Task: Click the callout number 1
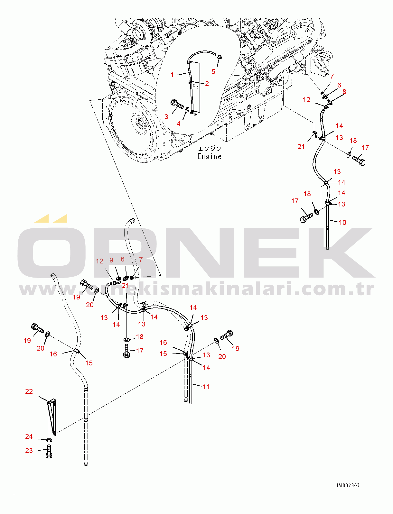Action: click(172, 75)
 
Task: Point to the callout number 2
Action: click(207, 84)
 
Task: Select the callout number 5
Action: click(213, 71)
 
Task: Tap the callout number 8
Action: click(344, 92)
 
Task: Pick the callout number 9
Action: click(111, 260)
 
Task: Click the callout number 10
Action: click(342, 223)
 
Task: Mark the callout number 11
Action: click(206, 387)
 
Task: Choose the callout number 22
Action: click(29, 391)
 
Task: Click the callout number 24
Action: click(29, 436)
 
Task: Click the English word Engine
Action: click(209, 157)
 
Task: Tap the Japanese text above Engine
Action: click(209, 149)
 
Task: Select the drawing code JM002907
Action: click(348, 486)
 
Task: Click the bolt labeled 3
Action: click(176, 104)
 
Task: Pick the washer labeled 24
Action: click(49, 440)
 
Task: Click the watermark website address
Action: click(196, 289)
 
